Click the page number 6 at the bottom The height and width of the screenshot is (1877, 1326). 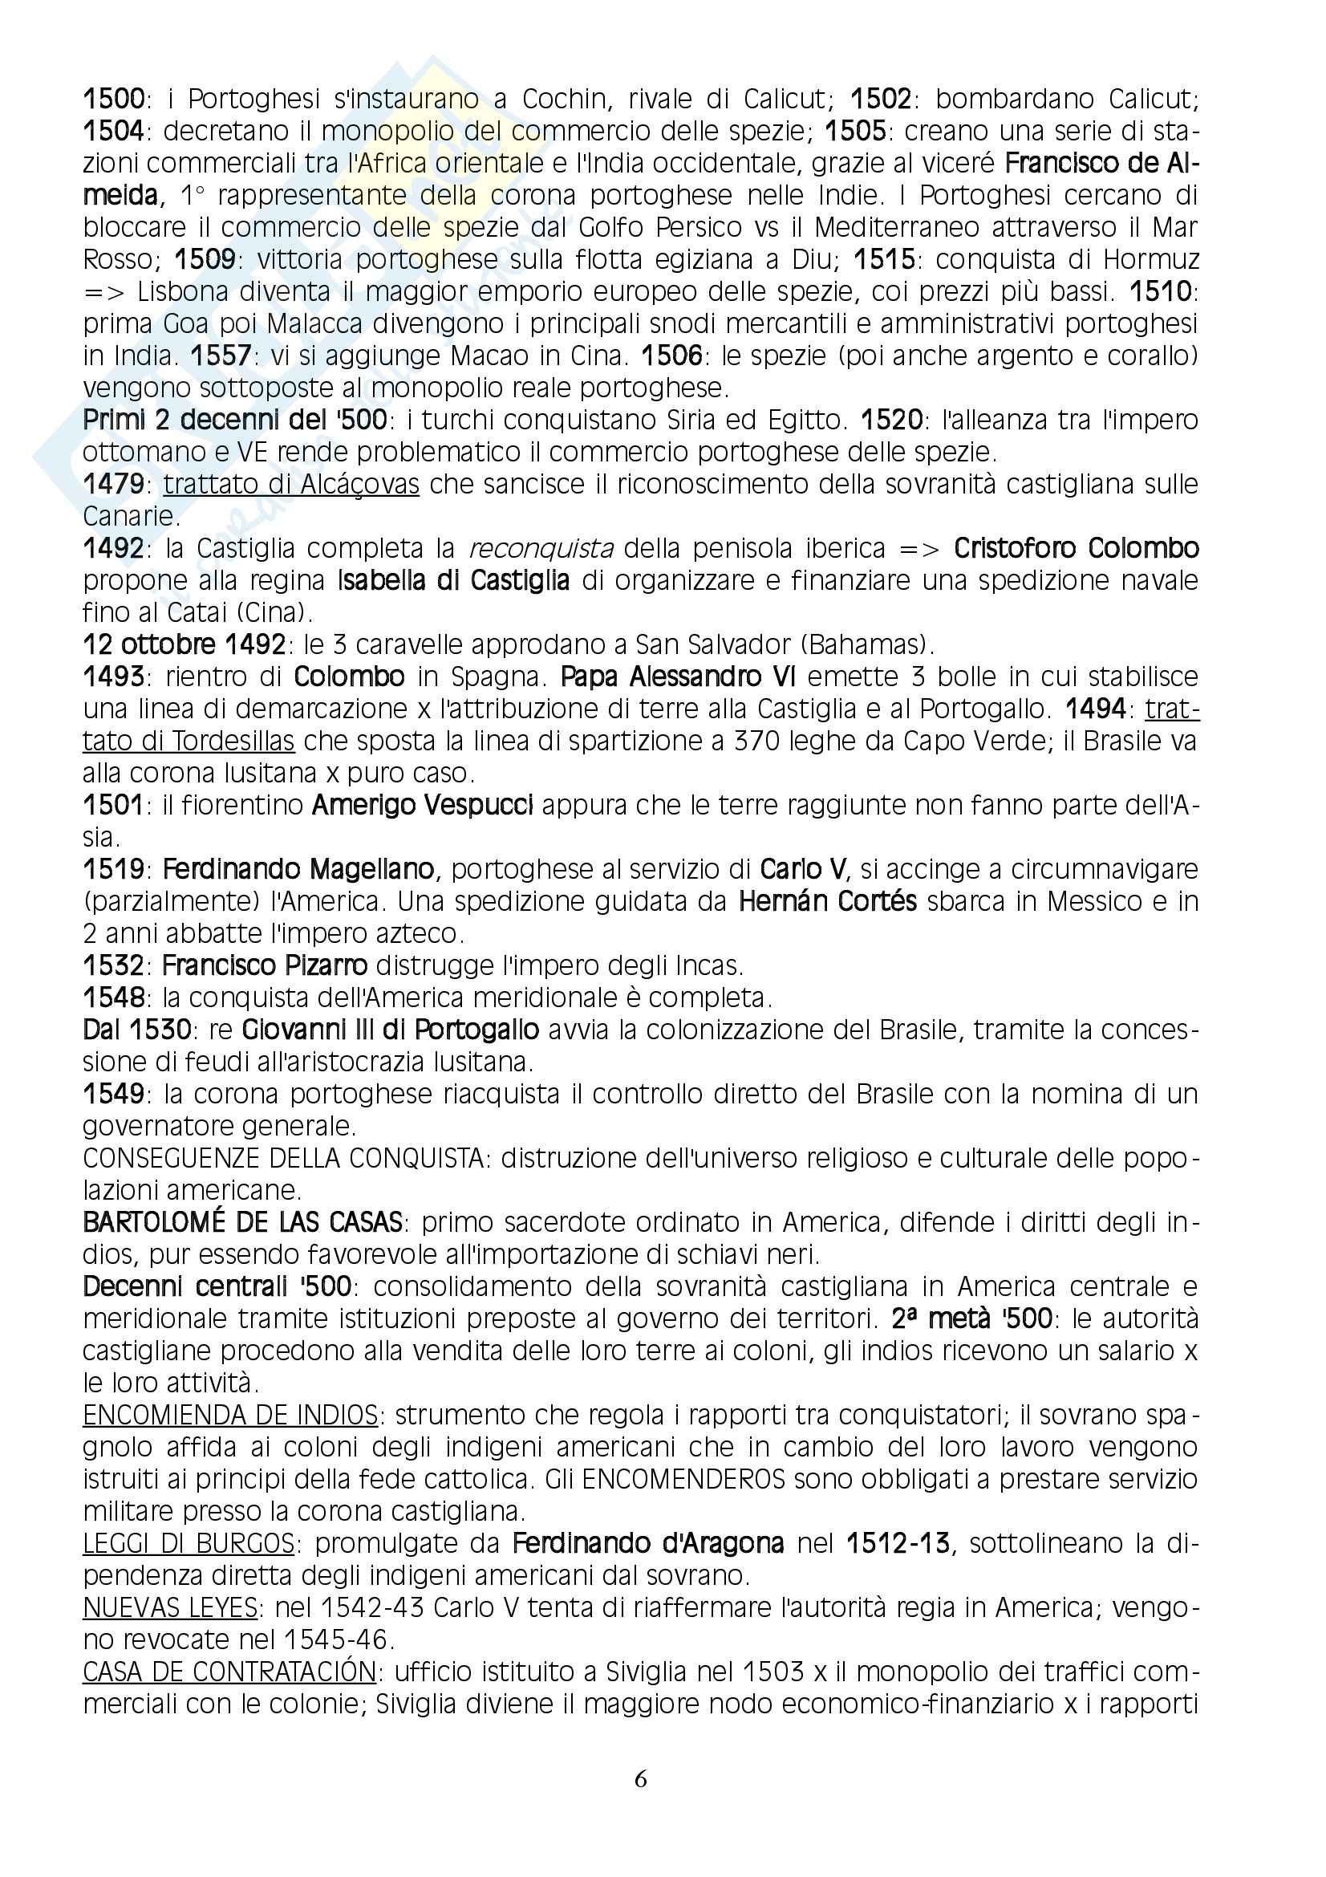coord(640,1779)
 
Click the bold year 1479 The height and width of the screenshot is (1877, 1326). coord(113,485)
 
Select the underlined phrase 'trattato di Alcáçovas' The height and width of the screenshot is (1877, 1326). coord(291,485)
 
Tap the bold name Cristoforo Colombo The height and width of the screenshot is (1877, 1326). coord(1076,549)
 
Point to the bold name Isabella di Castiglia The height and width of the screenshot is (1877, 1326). coord(453,581)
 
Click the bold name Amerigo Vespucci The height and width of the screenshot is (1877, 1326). coord(423,806)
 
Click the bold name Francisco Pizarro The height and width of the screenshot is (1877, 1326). coord(265,966)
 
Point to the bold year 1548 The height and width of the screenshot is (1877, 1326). coord(113,998)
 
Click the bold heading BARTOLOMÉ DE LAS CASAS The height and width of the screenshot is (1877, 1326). coord(242,1223)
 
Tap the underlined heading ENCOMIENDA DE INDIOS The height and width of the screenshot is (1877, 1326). coord(230,1415)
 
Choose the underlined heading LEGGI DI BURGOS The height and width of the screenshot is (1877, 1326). coord(189,1543)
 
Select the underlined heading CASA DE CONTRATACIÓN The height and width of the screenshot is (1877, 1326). coord(229,1672)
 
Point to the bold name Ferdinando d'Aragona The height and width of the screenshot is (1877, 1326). coord(648,1543)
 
